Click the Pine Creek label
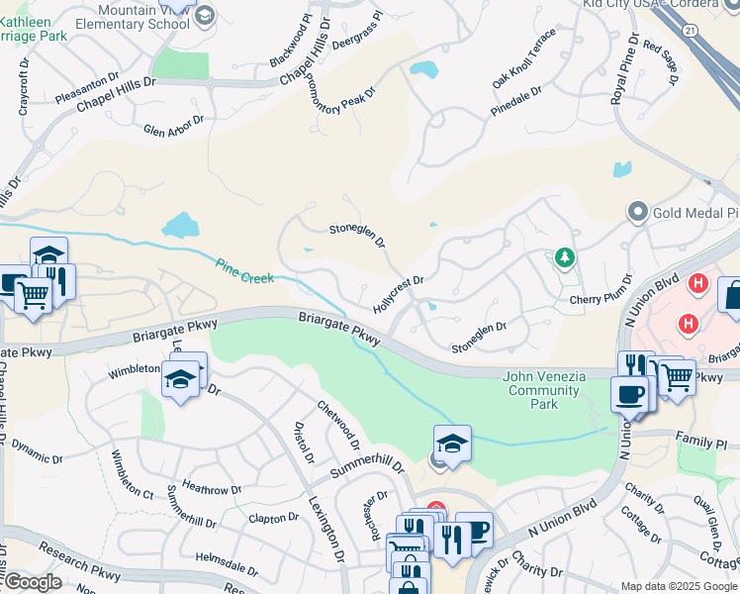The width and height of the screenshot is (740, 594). tap(244, 271)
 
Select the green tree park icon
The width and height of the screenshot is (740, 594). tap(564, 258)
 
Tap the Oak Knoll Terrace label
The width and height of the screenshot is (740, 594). tap(524, 58)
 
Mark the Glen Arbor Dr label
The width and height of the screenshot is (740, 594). tap(173, 125)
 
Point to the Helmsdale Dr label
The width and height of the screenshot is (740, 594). tap(227, 563)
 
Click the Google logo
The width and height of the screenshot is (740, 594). tap(33, 582)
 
